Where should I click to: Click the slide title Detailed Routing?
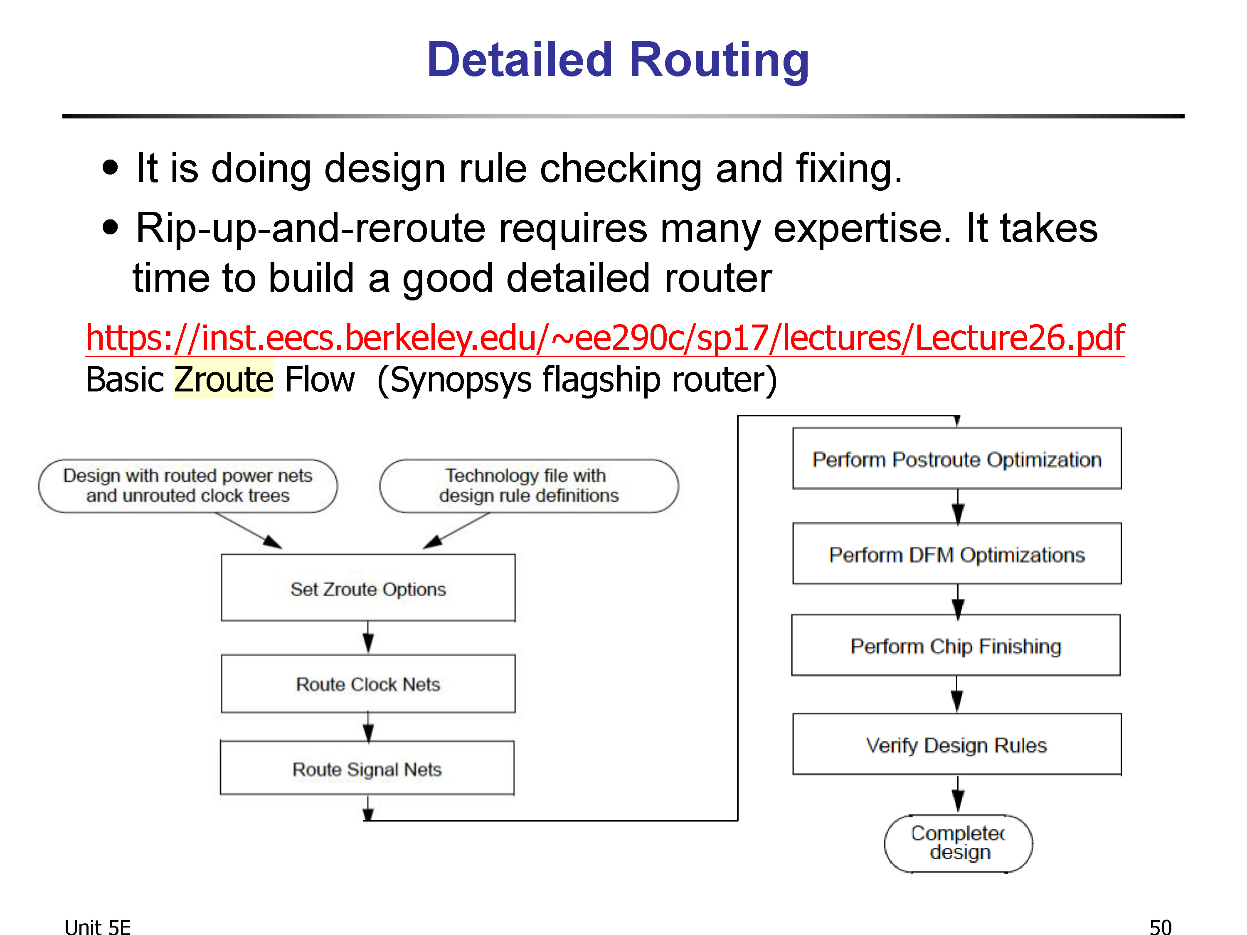(x=618, y=60)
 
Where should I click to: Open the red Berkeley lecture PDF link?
(x=605, y=338)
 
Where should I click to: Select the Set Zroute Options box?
(x=368, y=588)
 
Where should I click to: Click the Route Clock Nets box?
(x=368, y=684)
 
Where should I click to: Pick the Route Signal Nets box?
(x=367, y=768)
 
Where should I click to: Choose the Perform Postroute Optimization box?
(x=957, y=458)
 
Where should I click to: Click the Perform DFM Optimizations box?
(x=957, y=554)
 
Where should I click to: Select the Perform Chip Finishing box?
(x=956, y=645)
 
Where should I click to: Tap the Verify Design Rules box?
(x=957, y=744)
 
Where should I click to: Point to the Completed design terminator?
(x=959, y=843)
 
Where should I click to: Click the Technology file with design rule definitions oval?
(x=529, y=486)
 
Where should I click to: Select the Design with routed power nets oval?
(x=188, y=486)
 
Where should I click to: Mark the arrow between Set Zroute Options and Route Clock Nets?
(x=368, y=637)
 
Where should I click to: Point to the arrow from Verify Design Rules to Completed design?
(x=958, y=794)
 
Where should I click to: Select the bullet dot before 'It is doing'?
(x=111, y=167)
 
